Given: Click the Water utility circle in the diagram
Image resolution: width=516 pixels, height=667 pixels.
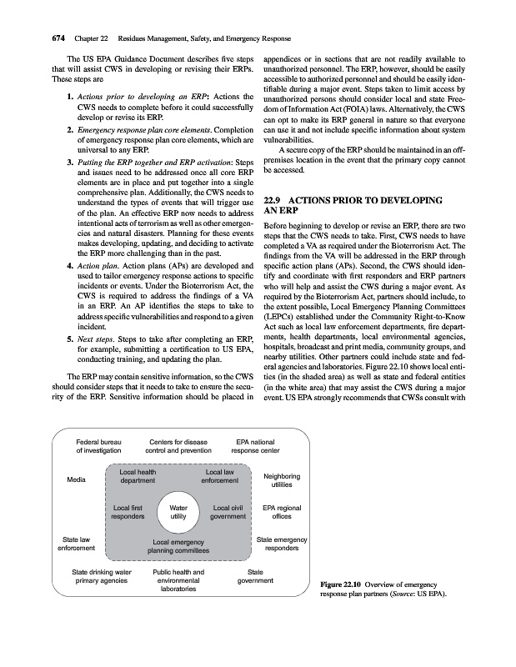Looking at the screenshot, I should click(x=178, y=511).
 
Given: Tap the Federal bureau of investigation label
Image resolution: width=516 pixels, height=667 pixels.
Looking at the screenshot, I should click(x=99, y=446).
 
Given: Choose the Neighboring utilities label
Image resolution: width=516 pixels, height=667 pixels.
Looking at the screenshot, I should click(x=281, y=480).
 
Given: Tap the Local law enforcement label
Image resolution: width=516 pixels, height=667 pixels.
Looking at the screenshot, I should click(x=220, y=476).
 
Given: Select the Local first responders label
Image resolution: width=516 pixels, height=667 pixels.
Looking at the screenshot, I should click(x=128, y=511).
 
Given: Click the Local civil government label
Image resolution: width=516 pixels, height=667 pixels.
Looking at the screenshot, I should click(x=228, y=511).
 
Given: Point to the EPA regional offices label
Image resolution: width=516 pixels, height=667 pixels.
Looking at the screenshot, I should click(x=282, y=511).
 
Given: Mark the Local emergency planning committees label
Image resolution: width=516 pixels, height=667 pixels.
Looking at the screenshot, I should click(x=178, y=547).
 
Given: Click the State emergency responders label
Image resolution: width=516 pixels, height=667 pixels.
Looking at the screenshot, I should click(x=282, y=544).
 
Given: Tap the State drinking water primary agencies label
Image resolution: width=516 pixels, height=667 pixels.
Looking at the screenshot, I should click(x=102, y=577).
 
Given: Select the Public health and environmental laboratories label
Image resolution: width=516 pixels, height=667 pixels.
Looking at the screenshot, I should click(x=178, y=580).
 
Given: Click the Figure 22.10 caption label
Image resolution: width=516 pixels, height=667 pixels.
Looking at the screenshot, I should click(x=343, y=586).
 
